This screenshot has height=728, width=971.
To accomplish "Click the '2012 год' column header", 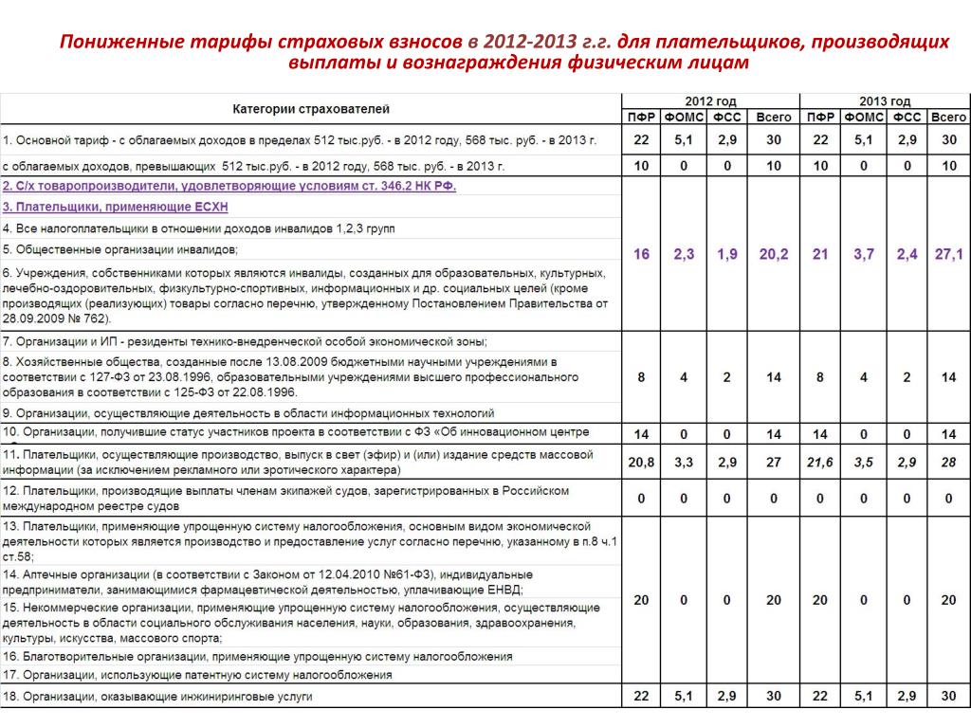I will [710, 101].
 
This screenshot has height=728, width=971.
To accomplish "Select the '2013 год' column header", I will [885, 101].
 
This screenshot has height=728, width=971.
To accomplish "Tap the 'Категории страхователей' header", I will [311, 109].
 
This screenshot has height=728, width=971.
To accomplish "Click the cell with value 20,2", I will [774, 254].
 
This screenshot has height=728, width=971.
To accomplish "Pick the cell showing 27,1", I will [948, 254].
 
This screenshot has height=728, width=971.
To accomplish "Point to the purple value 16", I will [642, 254].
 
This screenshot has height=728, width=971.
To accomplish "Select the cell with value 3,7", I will [863, 254].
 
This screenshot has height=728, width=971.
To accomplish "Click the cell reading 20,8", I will [642, 462].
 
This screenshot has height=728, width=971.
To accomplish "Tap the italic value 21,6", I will [820, 462].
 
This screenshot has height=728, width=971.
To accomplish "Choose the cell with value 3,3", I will [684, 462].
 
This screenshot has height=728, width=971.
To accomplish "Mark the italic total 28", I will [948, 462].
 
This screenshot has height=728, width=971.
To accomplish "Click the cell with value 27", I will [774, 462].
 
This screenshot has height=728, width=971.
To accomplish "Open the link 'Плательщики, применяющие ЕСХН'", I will [116, 207].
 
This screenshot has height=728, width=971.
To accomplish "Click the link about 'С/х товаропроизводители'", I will [229, 186].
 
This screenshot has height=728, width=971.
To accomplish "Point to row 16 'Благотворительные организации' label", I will [257, 656].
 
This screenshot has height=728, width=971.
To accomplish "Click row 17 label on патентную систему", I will [197, 675].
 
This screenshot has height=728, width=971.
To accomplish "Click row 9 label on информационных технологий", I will [248, 413].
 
